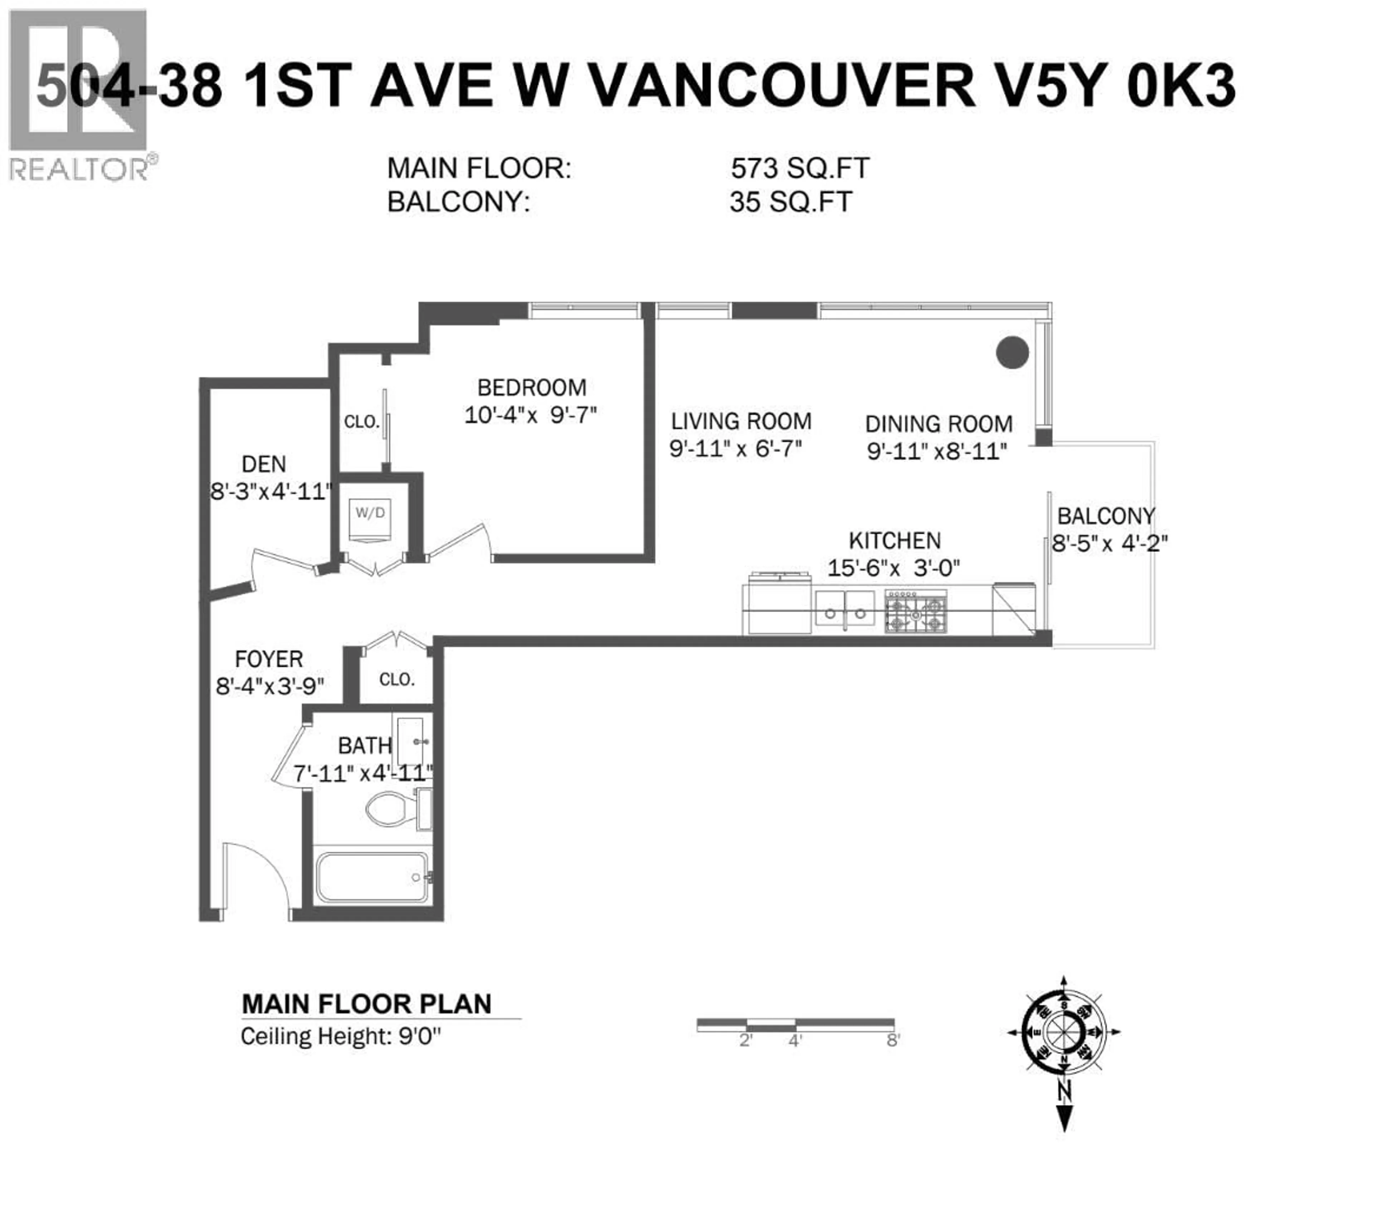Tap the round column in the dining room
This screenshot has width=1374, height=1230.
[1012, 352]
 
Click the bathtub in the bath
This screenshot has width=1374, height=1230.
[372, 877]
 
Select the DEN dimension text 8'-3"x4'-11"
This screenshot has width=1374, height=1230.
[271, 491]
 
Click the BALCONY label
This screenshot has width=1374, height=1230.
[1106, 516]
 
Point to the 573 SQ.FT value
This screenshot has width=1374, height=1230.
[799, 168]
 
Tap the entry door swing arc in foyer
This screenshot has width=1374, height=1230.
[257, 872]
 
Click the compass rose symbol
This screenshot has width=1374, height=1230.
[1063, 1032]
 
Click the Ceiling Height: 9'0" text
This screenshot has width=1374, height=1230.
[340, 1036]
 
